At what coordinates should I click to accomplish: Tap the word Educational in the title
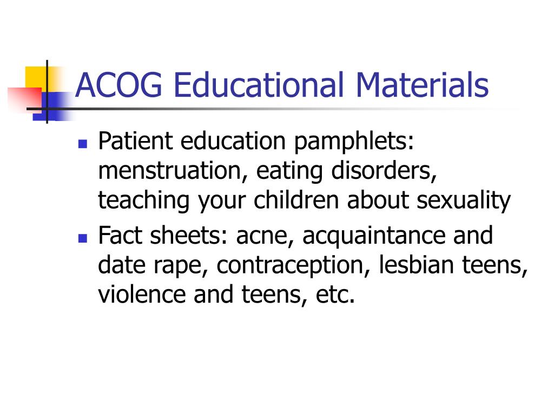point(259,85)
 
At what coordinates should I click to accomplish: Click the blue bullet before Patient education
point(83,144)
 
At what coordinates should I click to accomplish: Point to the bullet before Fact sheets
point(83,238)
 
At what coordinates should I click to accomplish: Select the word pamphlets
point(354,142)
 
